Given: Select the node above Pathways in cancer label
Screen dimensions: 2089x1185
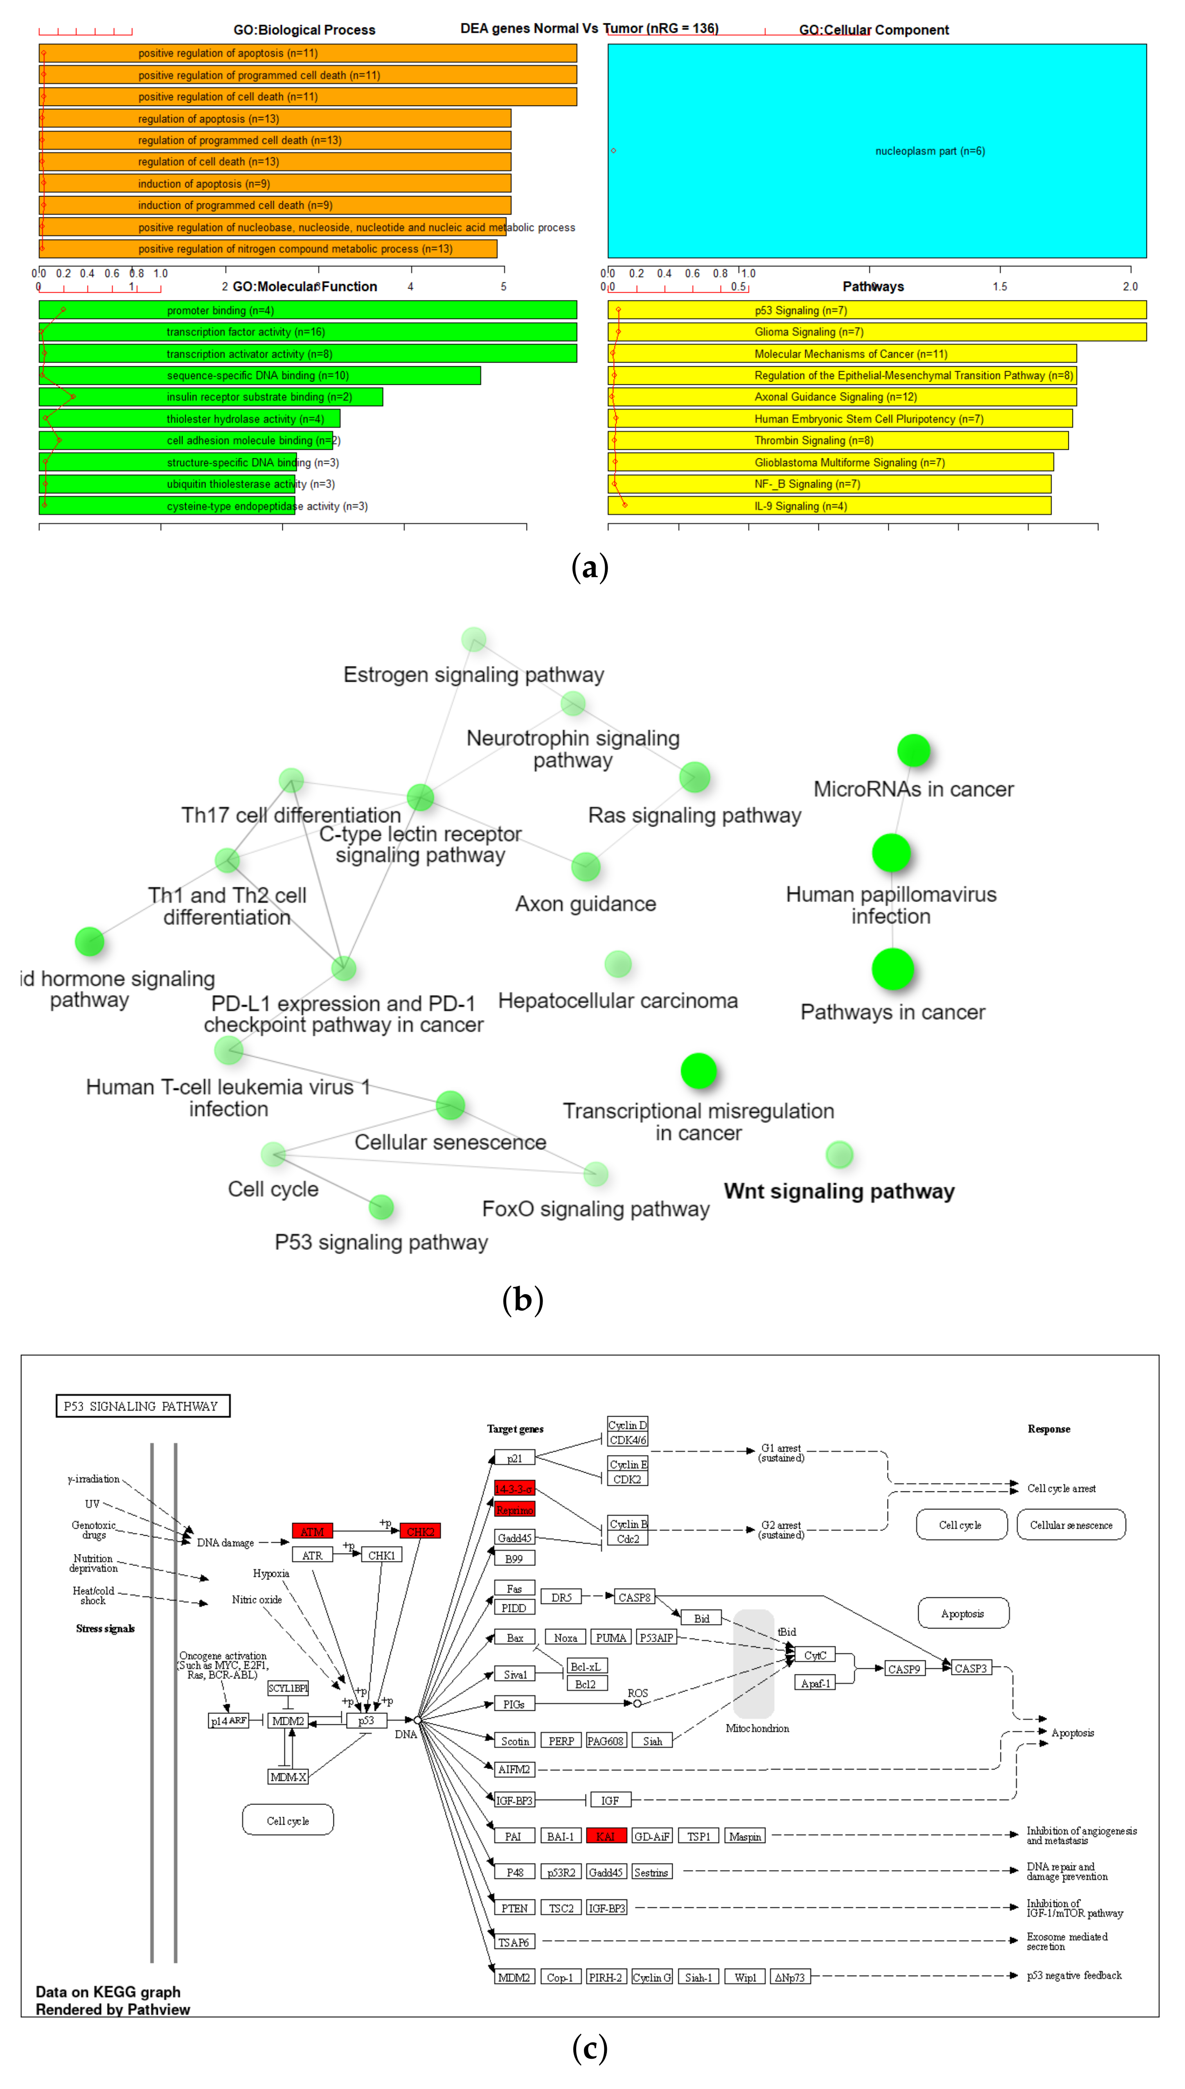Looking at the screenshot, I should click(893, 969).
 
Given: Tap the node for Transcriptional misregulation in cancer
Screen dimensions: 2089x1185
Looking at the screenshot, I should click(698, 1071).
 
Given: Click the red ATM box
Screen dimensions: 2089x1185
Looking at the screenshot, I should click(313, 1531).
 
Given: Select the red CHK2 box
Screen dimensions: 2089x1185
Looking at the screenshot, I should click(420, 1531).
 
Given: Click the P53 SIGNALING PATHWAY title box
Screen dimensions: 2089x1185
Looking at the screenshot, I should click(142, 1406).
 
